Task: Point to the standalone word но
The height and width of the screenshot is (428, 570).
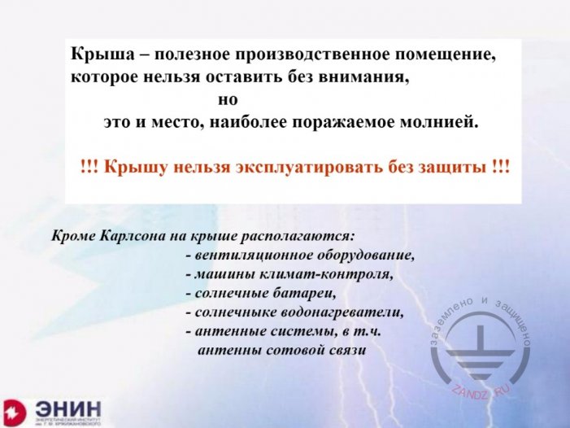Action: click(x=227, y=102)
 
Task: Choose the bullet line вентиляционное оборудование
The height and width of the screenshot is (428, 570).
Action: click(x=299, y=255)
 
